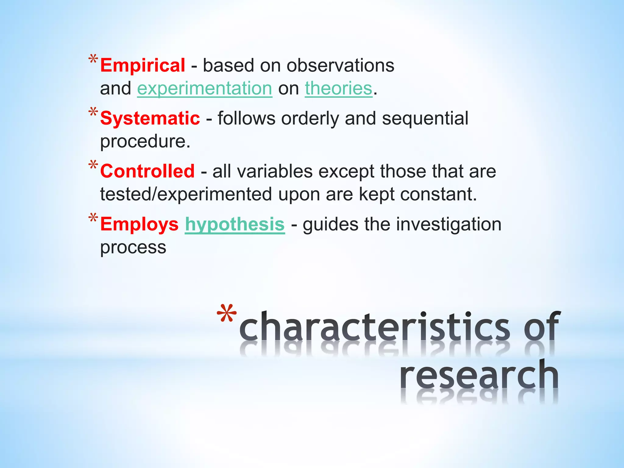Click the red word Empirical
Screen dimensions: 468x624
coord(142,66)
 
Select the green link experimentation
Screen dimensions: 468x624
coord(204,89)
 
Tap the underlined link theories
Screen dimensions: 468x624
coord(339,89)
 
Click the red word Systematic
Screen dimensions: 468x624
coord(150,118)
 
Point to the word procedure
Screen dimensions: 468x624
coord(145,142)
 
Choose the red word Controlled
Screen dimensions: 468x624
coord(147,171)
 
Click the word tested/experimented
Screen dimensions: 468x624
coord(186,194)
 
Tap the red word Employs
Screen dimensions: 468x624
coord(139,224)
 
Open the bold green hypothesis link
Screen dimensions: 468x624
coord(235,224)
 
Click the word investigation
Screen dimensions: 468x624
coord(448,224)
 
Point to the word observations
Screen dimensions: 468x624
coord(340,66)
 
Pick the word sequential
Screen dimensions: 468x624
coord(425,118)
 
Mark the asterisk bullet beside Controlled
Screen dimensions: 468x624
coord(93,165)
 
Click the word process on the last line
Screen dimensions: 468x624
coord(133,247)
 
